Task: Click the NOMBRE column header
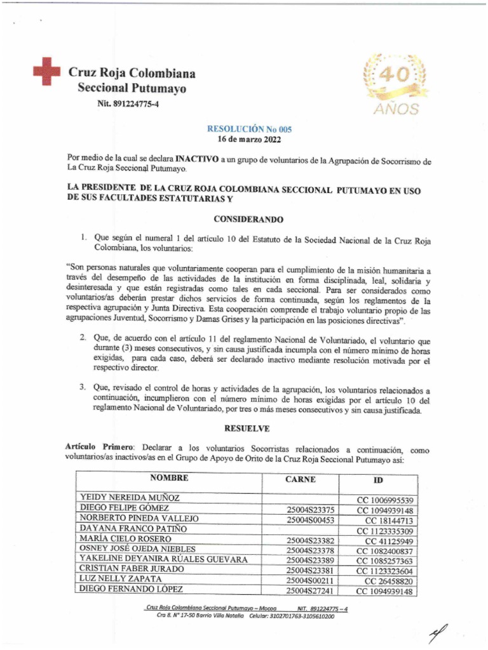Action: pos(170,478)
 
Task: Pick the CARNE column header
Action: pos(301,480)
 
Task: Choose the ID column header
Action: pos(378,481)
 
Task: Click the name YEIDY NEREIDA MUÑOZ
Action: pos(130,498)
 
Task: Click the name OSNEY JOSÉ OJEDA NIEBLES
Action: pos(137,549)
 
